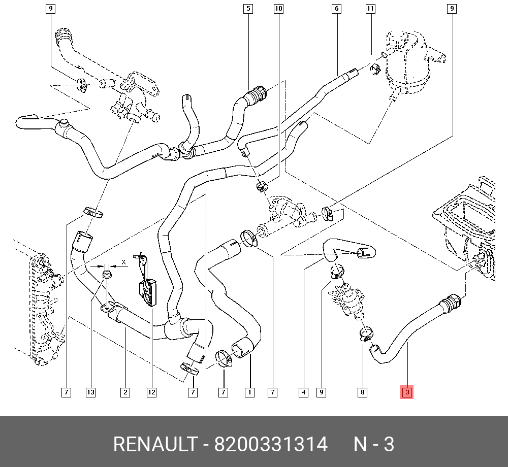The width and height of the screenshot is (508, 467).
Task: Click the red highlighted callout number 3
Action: pos(407,392)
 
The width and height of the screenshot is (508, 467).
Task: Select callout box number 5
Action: pos(248,9)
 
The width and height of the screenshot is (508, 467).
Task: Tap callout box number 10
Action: pos(278,9)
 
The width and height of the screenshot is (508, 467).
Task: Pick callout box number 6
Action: pos(336,9)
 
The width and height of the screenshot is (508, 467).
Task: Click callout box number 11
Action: pos(370,9)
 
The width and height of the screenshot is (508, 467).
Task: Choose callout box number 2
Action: pos(124,392)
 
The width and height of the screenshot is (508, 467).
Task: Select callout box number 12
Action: pos(151,392)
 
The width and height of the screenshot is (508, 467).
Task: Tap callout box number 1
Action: pos(249,392)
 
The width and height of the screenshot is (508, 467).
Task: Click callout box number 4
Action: pos(303,392)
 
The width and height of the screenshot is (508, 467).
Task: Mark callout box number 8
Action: pos(362,392)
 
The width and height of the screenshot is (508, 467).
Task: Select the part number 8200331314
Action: pos(271,445)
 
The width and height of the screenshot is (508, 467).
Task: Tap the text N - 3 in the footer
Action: pos(374,445)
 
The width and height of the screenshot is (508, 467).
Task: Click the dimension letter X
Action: pos(123,263)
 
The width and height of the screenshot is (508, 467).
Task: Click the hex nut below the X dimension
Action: pos(107,276)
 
